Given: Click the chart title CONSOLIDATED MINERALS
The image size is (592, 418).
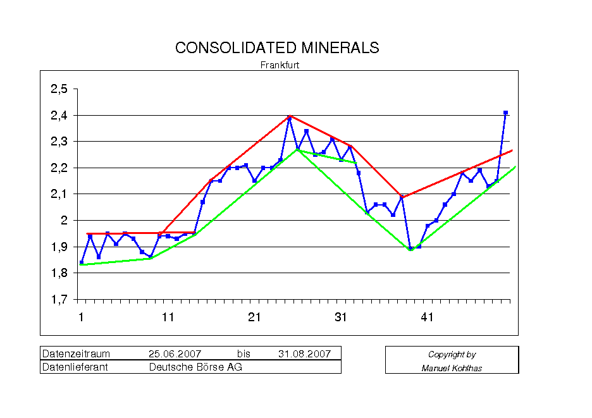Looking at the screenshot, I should pos(277,48).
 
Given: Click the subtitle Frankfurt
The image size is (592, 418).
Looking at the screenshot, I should pos(280,65).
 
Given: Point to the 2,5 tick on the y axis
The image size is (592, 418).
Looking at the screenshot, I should pos(59,89).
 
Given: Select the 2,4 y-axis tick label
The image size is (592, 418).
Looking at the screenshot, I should pos(59,116).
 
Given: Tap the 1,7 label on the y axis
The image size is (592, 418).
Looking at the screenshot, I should pos(59,300).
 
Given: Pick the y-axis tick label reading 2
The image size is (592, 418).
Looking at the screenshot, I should pos(64,221).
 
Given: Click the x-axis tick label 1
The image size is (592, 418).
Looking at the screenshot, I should pos(81,317).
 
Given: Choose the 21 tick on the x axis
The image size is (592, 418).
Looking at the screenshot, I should pos(254,317).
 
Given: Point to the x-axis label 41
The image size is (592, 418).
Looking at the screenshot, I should pos(427,317).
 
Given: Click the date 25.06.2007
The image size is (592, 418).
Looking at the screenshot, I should pos(175,353).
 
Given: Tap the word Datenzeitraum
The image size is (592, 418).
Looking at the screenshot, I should pos(76,353).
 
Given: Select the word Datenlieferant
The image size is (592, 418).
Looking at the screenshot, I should pos(75,367).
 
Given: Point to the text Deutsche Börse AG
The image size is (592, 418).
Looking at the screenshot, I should pos(195,367).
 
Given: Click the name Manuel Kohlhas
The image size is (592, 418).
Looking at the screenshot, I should pos(452,368).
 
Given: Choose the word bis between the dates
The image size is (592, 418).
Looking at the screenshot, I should pos(244,353).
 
